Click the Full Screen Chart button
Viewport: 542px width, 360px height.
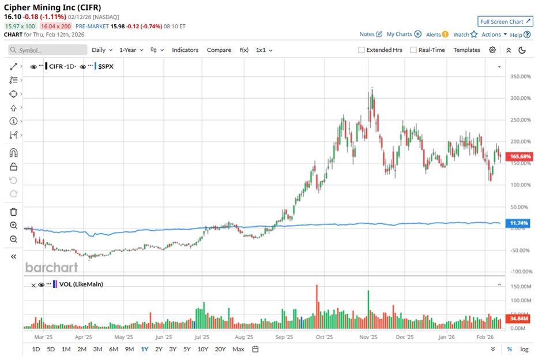point(505,22)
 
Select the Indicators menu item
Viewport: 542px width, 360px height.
point(185,50)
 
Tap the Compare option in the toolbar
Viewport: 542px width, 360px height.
point(219,50)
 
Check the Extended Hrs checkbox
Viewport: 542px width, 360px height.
point(362,50)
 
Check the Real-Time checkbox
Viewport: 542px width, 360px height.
point(413,50)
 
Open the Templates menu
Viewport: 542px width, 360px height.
point(466,50)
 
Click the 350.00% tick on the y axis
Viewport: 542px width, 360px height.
point(521,76)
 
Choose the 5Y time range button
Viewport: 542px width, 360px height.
point(187,349)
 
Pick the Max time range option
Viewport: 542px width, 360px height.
point(238,349)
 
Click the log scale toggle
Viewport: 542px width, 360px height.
point(524,349)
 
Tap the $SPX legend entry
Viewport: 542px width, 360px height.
point(106,66)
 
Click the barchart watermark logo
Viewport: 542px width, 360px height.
point(51,267)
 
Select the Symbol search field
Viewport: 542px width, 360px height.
point(47,50)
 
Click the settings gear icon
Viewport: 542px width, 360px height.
point(492,50)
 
